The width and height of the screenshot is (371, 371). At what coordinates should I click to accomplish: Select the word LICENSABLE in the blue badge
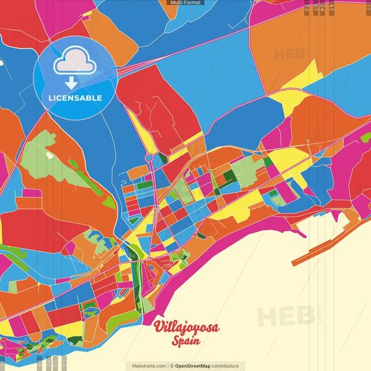(x=74, y=98)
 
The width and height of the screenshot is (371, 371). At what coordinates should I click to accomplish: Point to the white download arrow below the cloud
(x=72, y=83)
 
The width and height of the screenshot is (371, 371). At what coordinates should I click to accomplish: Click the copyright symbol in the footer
(x=170, y=365)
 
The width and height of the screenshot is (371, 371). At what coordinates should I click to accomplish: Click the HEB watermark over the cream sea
(x=285, y=315)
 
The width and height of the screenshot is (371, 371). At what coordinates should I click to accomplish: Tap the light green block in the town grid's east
(x=244, y=170)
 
